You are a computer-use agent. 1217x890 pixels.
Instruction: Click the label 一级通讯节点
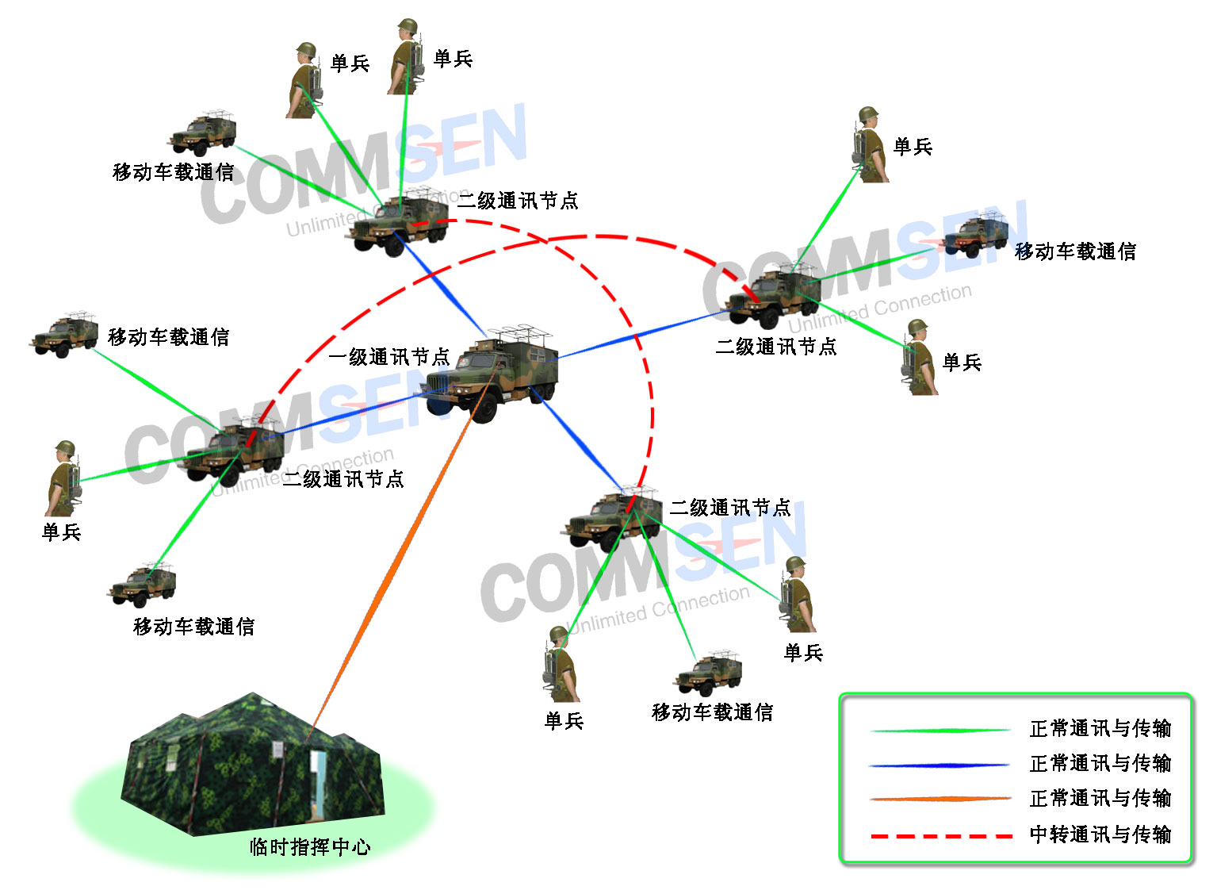point(388,357)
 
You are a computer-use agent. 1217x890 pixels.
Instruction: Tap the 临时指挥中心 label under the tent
point(310,847)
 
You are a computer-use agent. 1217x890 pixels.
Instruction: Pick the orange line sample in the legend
point(940,799)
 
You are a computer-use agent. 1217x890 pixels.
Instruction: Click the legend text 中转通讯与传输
point(1100,834)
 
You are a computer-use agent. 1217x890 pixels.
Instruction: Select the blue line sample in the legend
point(940,765)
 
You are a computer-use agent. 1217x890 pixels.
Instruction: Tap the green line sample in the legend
point(940,730)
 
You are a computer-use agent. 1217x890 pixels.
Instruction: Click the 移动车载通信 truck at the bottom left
point(143,585)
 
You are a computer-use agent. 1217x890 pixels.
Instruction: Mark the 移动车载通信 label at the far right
point(1075,251)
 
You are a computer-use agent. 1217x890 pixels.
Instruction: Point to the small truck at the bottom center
point(709,675)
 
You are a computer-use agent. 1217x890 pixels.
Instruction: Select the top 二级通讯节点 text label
point(518,201)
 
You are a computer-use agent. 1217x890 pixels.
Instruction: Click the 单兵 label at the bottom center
point(564,721)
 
